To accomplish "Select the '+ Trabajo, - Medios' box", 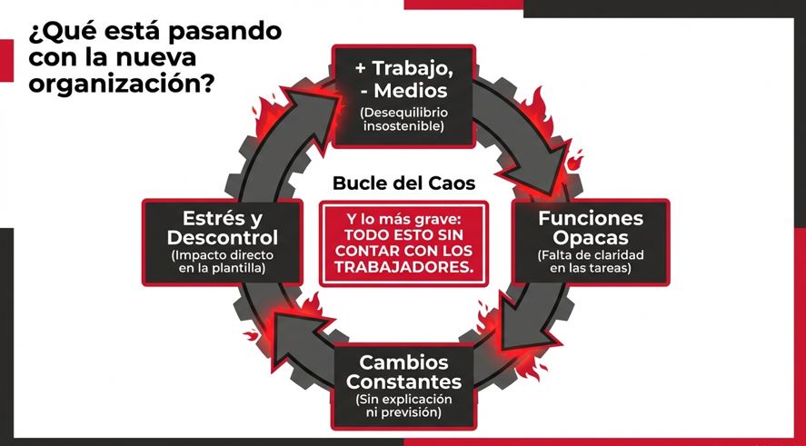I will pyautogui.click(x=403, y=95).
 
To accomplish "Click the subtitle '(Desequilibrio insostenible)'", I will pyautogui.click(x=403, y=119).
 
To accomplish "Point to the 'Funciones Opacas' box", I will pyautogui.click(x=591, y=241).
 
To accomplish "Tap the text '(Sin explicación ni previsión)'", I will pyautogui.click(x=403, y=406).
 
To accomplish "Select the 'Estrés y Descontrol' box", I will pyautogui.click(x=222, y=241).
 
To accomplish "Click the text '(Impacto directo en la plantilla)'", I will pyautogui.click(x=222, y=262).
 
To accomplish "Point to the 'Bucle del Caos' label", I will pyautogui.click(x=403, y=182).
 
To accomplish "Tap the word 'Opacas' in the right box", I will pyautogui.click(x=591, y=238).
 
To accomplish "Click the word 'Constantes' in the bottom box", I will pyautogui.click(x=403, y=381).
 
